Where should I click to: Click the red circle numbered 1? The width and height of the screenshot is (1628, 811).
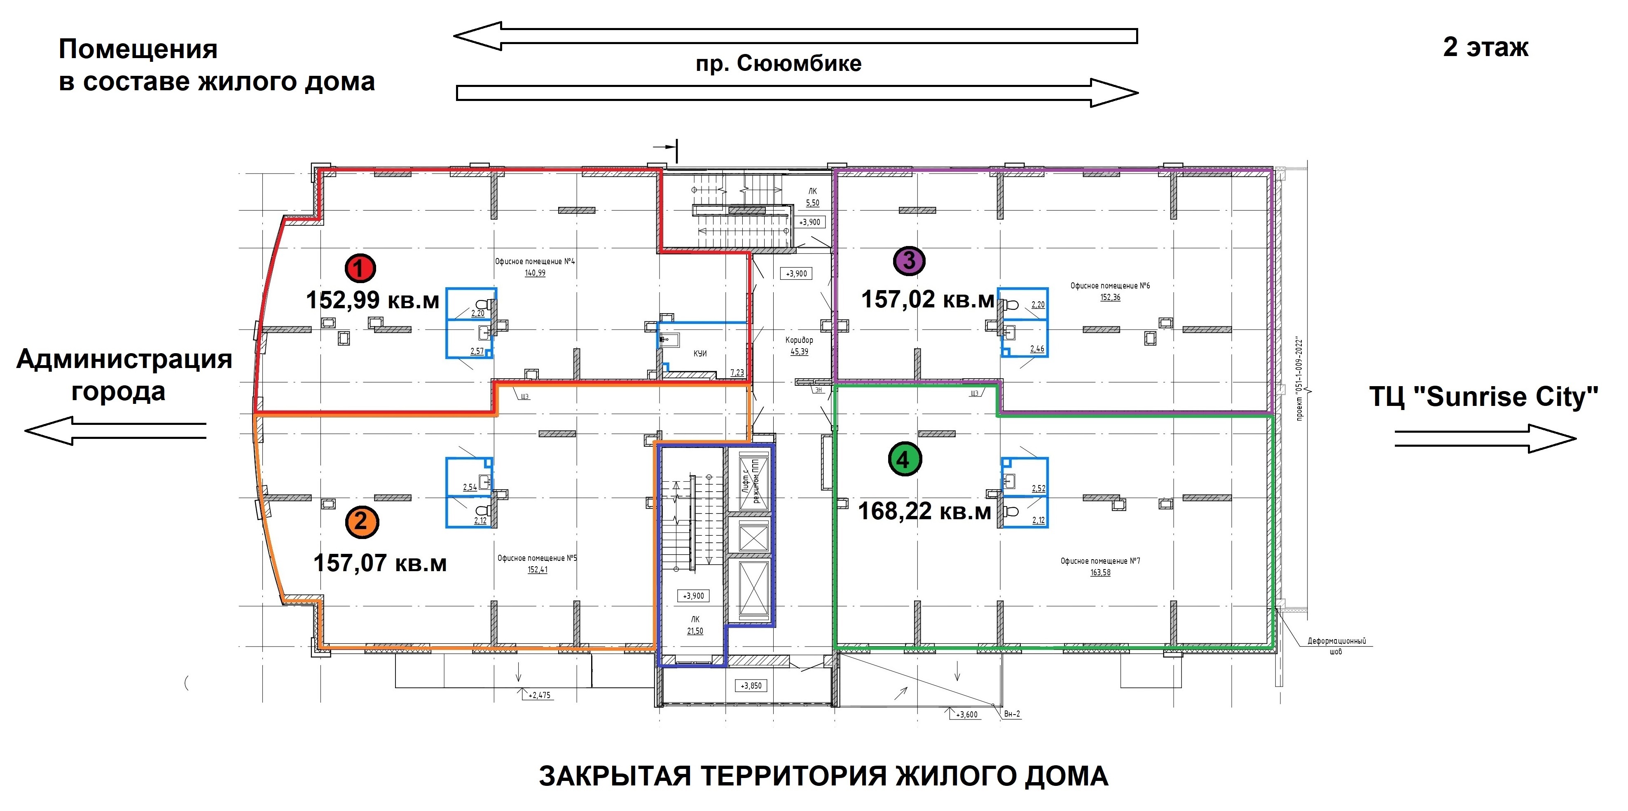[360, 268]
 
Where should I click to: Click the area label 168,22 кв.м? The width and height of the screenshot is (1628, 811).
[924, 511]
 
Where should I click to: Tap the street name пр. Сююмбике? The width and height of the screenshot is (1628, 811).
[779, 63]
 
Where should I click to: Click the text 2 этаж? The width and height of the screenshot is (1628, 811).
[1486, 47]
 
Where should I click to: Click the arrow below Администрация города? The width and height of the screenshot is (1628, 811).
[116, 431]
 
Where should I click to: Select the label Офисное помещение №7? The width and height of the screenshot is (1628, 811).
[1100, 561]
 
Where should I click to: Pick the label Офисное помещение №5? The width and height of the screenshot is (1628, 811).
[537, 558]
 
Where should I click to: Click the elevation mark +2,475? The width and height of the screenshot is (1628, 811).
[539, 695]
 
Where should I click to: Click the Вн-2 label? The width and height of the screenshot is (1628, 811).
[1012, 714]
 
